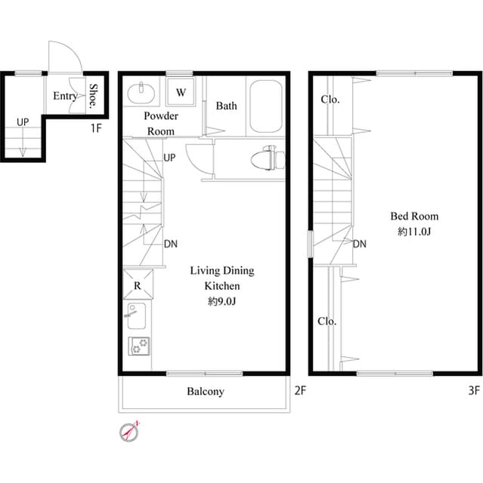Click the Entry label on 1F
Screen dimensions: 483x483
click(x=64, y=96)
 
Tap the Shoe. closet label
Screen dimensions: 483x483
click(x=94, y=96)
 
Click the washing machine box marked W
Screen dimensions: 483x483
click(x=181, y=92)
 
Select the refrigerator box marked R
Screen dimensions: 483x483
click(x=138, y=285)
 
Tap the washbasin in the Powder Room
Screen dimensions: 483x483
click(x=141, y=94)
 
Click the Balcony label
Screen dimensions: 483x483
click(x=205, y=392)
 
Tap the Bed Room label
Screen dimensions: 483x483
click(x=413, y=217)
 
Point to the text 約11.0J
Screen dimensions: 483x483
click(x=413, y=232)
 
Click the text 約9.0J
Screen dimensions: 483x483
click(x=222, y=301)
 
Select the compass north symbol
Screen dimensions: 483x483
click(x=130, y=432)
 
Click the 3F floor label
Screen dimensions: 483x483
click(x=474, y=391)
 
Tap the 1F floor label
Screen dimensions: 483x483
click(x=96, y=128)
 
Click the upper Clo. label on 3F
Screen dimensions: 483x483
click(x=330, y=100)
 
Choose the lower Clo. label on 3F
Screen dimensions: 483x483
click(x=327, y=321)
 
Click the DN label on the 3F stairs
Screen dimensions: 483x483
click(x=360, y=244)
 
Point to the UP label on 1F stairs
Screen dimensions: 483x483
click(x=23, y=122)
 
